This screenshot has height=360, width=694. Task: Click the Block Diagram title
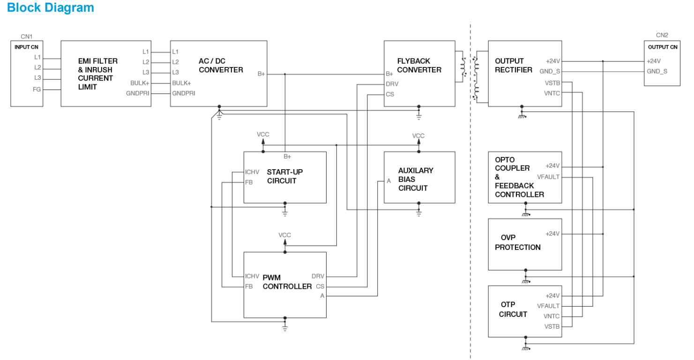coord(51,8)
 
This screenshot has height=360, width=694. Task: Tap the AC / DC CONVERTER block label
coord(221,65)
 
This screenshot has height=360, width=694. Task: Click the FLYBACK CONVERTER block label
coord(419,65)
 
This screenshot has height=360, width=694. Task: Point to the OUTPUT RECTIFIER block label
coord(513,65)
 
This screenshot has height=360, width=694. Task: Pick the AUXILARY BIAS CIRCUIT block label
coord(415,179)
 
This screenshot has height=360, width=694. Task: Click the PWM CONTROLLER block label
coord(287,282)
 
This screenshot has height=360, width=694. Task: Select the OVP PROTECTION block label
coord(517,242)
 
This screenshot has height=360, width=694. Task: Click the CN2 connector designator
coord(662,35)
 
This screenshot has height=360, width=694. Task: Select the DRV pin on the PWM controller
coord(318,276)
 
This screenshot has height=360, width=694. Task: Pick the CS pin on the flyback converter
coord(389,94)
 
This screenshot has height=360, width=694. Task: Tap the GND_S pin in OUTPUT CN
coord(657,71)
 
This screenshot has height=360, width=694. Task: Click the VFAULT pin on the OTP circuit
coord(548,306)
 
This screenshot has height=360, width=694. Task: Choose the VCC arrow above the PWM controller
coord(284,236)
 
